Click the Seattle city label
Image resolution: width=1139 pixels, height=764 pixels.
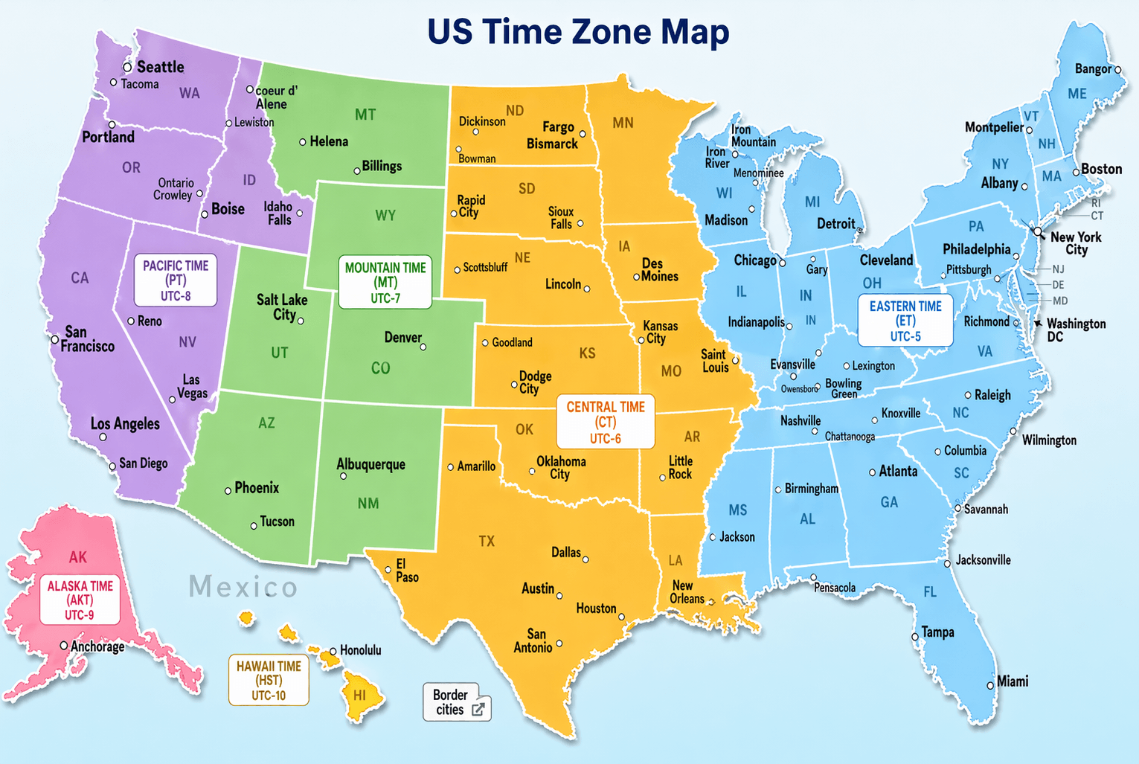click(x=160, y=67)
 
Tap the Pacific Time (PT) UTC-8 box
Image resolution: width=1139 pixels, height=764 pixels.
click(x=176, y=280)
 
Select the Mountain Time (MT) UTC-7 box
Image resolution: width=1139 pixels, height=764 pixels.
click(x=385, y=283)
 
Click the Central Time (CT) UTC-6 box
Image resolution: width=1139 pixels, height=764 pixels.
click(x=606, y=422)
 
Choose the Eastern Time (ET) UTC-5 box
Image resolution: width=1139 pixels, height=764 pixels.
click(x=905, y=321)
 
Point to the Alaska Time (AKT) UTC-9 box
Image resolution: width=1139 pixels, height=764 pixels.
click(x=80, y=600)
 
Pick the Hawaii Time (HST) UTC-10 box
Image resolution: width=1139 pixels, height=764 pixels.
click(x=269, y=681)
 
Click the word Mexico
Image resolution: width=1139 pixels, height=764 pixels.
click(x=243, y=587)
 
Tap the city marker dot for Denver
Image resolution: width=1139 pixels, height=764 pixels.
click(x=423, y=347)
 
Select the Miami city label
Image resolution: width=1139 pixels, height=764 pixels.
click(x=1013, y=681)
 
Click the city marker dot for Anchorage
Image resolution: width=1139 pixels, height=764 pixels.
click(x=64, y=646)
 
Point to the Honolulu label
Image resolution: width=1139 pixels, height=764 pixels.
click(x=360, y=650)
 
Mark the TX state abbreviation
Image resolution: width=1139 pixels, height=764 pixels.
click(x=487, y=542)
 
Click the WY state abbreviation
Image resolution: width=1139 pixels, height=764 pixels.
click(x=385, y=216)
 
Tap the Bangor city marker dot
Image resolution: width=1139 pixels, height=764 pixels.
click(x=1117, y=70)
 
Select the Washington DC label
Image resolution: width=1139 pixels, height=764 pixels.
click(x=1076, y=330)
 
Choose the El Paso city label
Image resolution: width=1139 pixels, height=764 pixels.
click(x=406, y=571)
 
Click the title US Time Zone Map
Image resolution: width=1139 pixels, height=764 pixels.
click(x=578, y=31)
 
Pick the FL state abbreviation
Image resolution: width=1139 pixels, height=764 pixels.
click(x=930, y=592)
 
